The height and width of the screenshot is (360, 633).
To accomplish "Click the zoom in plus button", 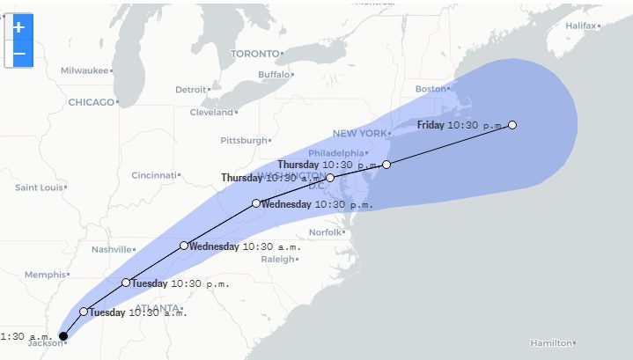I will click(x=18, y=27).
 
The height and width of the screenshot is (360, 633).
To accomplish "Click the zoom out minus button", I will click(x=18, y=55).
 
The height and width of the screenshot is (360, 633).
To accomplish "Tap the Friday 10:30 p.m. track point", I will click(x=512, y=125).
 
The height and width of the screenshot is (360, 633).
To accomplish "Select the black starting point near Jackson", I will click(x=63, y=335).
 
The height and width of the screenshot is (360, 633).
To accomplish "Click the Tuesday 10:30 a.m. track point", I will click(x=84, y=312).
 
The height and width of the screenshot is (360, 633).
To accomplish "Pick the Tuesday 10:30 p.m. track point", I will click(x=126, y=283).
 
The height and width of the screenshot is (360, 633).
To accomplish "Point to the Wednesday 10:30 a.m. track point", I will click(x=184, y=246).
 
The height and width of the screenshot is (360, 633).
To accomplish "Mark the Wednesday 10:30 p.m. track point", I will click(x=256, y=203).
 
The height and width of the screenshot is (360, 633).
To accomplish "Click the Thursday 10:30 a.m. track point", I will click(x=330, y=178).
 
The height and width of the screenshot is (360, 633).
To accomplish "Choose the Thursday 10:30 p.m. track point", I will click(x=386, y=165).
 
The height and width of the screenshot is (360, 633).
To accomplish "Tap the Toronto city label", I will click(x=254, y=54).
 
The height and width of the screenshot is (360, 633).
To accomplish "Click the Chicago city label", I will click(x=92, y=102).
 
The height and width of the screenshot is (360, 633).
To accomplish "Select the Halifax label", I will click(x=580, y=26).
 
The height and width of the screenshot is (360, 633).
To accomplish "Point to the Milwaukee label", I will click(x=84, y=70).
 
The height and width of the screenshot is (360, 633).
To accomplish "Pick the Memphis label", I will click(x=45, y=275).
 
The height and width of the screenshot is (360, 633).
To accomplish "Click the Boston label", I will click(x=431, y=89).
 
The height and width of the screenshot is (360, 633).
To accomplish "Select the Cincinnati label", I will click(x=153, y=175).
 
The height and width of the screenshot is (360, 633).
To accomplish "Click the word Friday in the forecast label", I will click(x=431, y=125).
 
